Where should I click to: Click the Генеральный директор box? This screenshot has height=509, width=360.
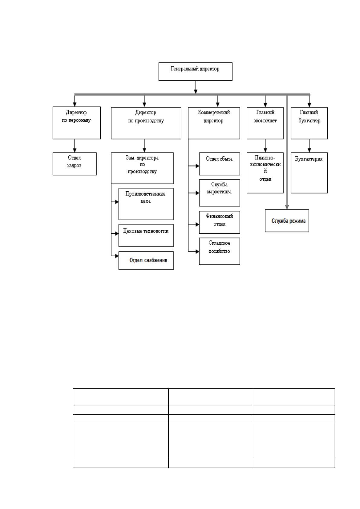click(x=196, y=71)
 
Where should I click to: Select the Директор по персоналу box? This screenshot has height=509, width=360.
click(x=76, y=123)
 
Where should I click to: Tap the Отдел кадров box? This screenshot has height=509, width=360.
click(x=75, y=164)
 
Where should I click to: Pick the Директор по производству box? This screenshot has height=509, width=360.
click(x=146, y=123)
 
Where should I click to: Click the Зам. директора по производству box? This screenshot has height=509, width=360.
click(x=142, y=168)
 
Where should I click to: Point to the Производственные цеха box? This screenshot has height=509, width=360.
click(x=146, y=204)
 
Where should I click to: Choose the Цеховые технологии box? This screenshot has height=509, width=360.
click(x=146, y=235)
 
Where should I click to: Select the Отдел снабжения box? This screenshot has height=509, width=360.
click(x=146, y=261)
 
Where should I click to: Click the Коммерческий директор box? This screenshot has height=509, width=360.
click(x=214, y=123)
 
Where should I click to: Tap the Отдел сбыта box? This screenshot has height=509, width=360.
click(x=219, y=164)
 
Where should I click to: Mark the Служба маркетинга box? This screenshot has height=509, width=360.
click(x=219, y=193)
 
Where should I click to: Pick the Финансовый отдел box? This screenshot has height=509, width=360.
click(x=219, y=222)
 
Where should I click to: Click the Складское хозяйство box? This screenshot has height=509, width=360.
click(x=219, y=251)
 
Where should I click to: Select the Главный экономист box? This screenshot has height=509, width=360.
click(x=265, y=123)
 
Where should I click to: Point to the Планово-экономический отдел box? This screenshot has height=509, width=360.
click(x=265, y=173)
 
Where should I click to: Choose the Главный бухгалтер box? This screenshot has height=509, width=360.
click(x=309, y=123)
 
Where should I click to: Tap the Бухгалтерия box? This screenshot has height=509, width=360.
click(x=309, y=173)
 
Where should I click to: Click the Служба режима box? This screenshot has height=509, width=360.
click(x=287, y=221)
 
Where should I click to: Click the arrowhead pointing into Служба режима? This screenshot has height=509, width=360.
click(x=287, y=207)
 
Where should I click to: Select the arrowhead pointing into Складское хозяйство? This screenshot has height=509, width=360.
click(x=197, y=251)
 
